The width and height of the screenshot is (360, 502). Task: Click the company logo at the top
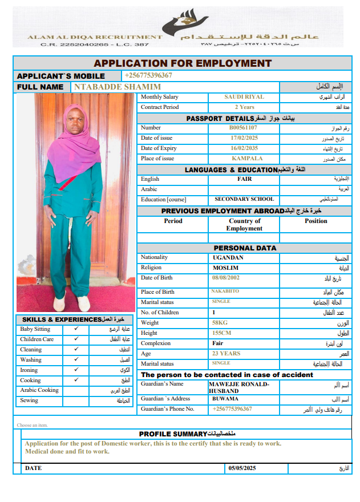pyautogui.click(x=181, y=25)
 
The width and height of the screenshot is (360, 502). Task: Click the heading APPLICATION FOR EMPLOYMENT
pyautogui.click(x=183, y=63)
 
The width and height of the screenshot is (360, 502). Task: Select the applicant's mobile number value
pyautogui.click(x=148, y=75)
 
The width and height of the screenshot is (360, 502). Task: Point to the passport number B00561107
pyautogui.click(x=244, y=128)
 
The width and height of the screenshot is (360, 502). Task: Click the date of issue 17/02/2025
pyautogui.click(x=244, y=138)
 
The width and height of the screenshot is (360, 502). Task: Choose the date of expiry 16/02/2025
pyautogui.click(x=244, y=148)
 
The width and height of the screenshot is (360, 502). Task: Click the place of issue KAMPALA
pyautogui.click(x=244, y=159)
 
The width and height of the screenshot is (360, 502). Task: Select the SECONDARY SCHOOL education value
pyautogui.click(x=244, y=200)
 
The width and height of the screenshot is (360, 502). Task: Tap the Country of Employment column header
pyautogui.click(x=244, y=225)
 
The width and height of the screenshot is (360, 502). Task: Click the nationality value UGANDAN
pyautogui.click(x=228, y=258)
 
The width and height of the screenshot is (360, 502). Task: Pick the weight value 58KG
pyautogui.click(x=220, y=323)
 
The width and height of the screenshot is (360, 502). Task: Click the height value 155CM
pyautogui.click(x=221, y=333)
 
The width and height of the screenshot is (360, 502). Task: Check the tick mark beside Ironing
pyautogui.click(x=76, y=370)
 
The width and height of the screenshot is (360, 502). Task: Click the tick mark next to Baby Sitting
pyautogui.click(x=76, y=329)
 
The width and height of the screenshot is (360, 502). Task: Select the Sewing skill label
pyautogui.click(x=29, y=400)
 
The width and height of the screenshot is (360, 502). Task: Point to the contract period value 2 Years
pyautogui.click(x=244, y=107)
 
